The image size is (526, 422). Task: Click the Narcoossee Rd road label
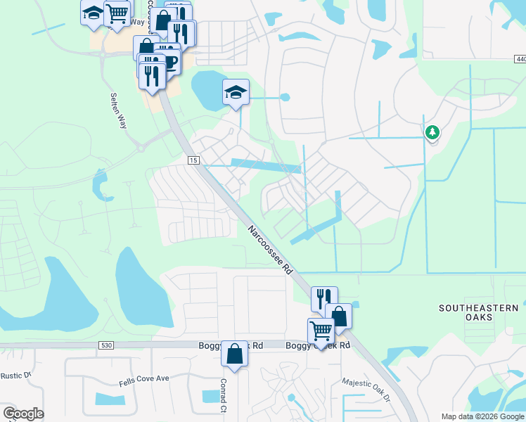tap(269, 249)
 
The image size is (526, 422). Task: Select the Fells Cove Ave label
tap(143, 378)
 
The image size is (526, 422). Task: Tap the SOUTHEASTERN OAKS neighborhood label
tap(478, 313)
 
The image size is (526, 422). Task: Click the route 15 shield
tap(192, 161)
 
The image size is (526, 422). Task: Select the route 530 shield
tap(106, 345)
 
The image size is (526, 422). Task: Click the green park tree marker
tap(432, 132)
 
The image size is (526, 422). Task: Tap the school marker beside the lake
tap(236, 92)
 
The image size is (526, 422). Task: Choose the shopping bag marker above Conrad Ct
tap(234, 353)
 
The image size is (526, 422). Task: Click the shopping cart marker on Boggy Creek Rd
tap(321, 329)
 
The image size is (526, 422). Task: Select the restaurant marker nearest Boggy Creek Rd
tap(323, 298)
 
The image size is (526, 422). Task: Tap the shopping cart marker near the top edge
tap(117, 12)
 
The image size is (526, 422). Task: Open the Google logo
tap(23, 414)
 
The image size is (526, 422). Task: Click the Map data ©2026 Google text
tap(482, 416)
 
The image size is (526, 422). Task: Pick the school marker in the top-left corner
tap(93, 14)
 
